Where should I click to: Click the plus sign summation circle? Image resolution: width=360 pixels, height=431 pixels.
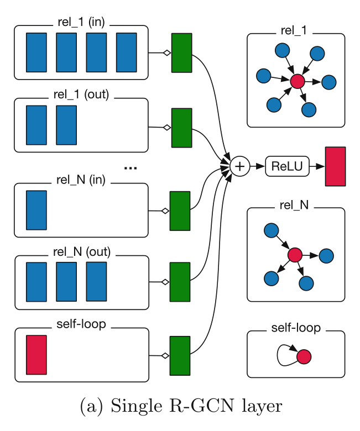pos(240,166)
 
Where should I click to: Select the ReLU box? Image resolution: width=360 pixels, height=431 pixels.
pos(286,166)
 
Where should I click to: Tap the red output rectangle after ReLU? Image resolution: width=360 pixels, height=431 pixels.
pos(336,166)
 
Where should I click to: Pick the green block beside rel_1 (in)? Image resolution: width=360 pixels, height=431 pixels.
pos(181,52)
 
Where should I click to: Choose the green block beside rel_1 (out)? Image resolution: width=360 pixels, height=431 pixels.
pos(181,128)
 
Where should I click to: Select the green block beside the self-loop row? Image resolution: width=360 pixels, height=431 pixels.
pos(180,355)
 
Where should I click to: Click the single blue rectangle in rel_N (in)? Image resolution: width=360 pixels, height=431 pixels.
pos(36,210)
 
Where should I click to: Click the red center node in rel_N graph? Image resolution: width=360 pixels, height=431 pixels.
pos(295,255)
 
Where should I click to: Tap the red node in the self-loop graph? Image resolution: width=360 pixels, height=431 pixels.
pos(304,356)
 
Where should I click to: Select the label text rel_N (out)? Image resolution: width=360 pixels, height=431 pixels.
pos(82,252)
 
